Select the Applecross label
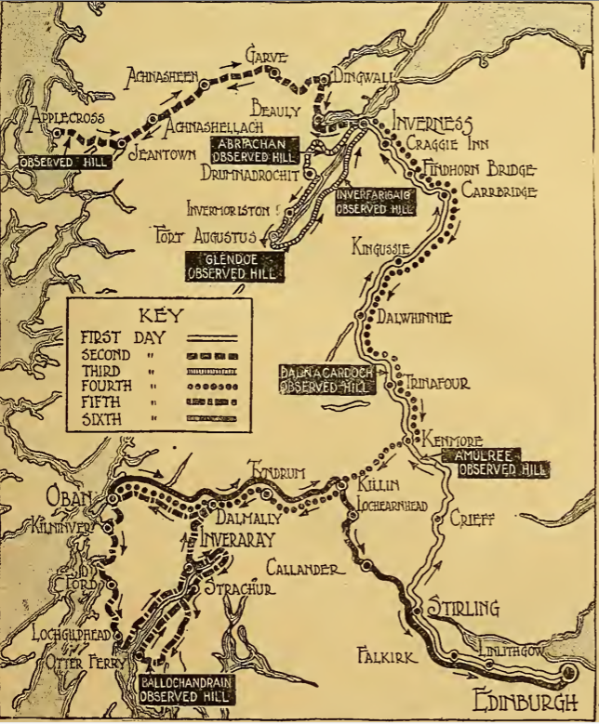(70, 118)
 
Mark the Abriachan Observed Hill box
(255, 149)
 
